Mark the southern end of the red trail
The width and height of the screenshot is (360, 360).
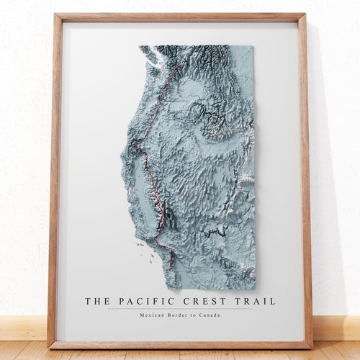click(171, 268)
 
